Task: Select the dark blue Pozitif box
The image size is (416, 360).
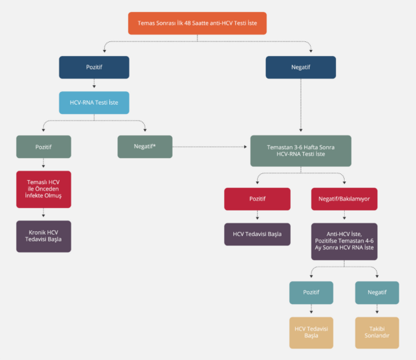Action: coord(94,67)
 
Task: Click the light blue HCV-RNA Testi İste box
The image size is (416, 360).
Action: coord(94,103)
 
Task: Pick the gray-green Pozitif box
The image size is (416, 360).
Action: coord(43,146)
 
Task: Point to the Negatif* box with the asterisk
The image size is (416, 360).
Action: coord(145,146)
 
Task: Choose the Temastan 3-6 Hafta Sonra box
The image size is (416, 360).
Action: coord(301,150)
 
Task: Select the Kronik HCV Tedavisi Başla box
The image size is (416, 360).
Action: coord(43,236)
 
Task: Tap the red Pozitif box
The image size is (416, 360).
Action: coord(257,199)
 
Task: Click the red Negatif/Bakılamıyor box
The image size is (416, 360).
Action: coord(344,199)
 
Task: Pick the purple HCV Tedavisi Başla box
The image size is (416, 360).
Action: coord(257,234)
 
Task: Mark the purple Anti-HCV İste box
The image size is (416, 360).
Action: coord(344,241)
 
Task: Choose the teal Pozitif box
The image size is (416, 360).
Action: coord(311,293)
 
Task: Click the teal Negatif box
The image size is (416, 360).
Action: coord(377,293)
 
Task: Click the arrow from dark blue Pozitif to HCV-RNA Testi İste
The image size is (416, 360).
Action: coord(94,85)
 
